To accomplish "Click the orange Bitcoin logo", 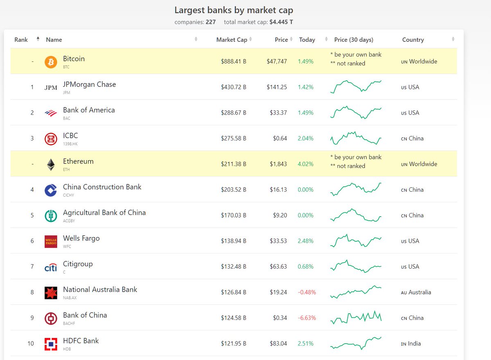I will click(51, 62).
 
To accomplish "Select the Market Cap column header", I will click(232, 40).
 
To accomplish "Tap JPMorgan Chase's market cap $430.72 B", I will click(233, 87).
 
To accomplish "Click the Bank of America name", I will click(89, 110).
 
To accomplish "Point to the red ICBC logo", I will click(51, 139).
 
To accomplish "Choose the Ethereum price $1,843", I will click(278, 164).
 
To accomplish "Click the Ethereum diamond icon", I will click(51, 165).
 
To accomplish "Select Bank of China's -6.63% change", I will click(306, 318).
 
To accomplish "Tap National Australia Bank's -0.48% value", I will click(306, 292).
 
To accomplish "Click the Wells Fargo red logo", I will click(51, 242).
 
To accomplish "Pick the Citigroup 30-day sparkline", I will click(356, 267).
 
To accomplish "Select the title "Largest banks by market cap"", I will click(234, 10).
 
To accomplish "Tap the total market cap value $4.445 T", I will click(281, 22).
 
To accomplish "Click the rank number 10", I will click(31, 344).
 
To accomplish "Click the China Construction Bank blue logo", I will click(51, 190).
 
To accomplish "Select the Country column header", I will click(413, 40).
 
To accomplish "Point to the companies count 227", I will click(211, 22).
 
